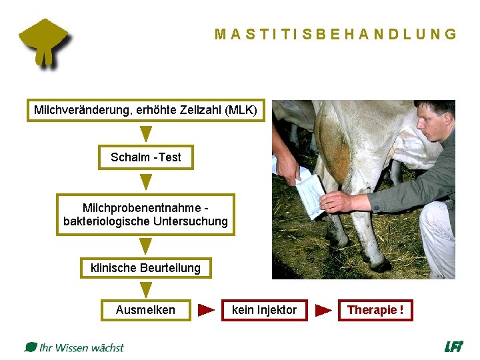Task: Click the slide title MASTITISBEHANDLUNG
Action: (336, 35)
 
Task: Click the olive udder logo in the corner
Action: (45, 42)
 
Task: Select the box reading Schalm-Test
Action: (145, 157)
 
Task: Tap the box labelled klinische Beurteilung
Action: (145, 268)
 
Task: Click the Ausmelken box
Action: (145, 310)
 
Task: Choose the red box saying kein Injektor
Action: (264, 310)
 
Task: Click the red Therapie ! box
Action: (375, 310)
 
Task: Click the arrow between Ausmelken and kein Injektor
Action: (207, 310)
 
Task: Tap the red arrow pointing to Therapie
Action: (323, 310)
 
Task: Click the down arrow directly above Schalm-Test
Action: (145, 133)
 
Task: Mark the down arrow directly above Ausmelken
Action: (145, 289)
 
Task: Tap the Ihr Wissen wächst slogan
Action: (75, 347)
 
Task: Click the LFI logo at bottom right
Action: (453, 347)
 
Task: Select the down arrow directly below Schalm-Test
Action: (145, 181)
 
